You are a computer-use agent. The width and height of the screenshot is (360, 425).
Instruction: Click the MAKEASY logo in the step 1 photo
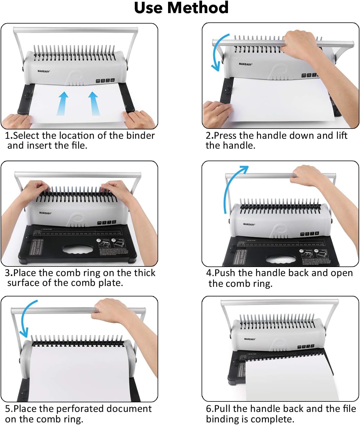click(44, 71)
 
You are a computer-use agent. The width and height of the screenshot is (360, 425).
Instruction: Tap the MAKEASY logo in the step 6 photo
click(249, 339)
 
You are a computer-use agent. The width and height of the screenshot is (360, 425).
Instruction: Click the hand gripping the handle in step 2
click(300, 44)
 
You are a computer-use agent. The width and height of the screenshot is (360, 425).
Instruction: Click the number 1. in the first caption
click(9, 136)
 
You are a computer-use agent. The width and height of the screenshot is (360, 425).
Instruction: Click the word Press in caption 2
click(226, 136)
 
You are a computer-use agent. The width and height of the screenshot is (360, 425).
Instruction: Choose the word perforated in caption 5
click(79, 409)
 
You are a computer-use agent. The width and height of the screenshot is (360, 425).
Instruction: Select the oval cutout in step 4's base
click(280, 260)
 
